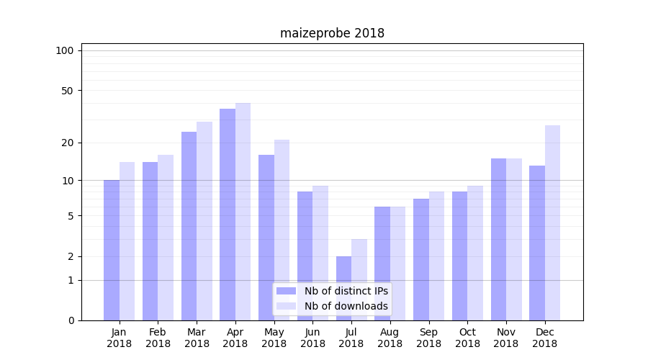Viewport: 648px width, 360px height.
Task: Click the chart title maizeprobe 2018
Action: (332, 33)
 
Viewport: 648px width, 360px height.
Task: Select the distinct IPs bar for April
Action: (228, 215)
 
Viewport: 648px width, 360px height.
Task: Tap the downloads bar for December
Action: (552, 222)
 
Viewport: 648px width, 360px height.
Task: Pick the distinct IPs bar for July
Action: (343, 288)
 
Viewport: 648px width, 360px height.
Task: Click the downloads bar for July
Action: (359, 279)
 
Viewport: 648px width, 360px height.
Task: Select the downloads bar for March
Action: (204, 221)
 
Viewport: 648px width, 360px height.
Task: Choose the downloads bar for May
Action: (282, 230)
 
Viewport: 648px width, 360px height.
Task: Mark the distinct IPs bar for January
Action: (112, 250)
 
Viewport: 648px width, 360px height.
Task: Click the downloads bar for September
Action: (436, 256)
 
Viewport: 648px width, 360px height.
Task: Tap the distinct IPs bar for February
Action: (150, 241)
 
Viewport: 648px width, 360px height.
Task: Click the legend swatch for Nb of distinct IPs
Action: (287, 291)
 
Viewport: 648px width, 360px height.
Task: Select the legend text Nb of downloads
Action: (346, 306)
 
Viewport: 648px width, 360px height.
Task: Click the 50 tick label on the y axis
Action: (67, 91)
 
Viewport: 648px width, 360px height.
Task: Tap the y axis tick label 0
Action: (71, 320)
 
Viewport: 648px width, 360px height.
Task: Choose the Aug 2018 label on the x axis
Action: (390, 338)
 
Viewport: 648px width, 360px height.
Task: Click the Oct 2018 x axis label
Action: (467, 338)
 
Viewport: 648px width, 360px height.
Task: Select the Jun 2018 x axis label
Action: (312, 338)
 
